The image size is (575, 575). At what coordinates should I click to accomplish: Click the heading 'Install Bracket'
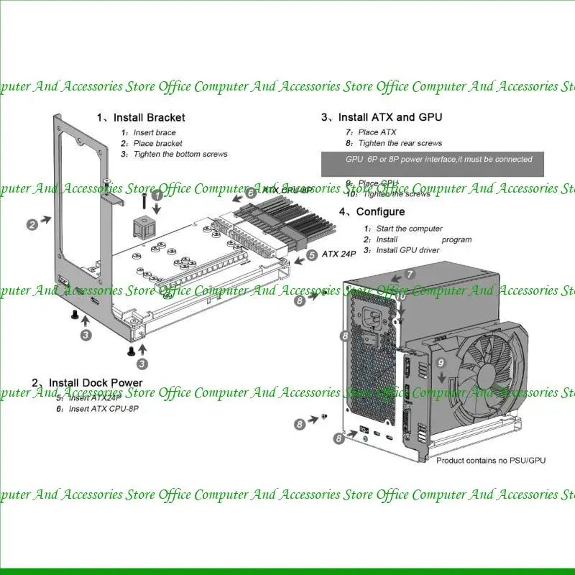[x=141, y=117]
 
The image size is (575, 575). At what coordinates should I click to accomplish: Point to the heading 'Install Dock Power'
[x=87, y=382]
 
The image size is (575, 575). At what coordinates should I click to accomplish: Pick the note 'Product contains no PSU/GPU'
[x=491, y=460]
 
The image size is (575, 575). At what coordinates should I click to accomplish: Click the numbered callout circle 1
[x=157, y=193]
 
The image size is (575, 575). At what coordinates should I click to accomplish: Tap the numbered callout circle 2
[x=32, y=224]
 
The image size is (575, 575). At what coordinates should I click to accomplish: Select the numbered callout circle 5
[x=311, y=254]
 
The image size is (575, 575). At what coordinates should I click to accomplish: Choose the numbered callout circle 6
[x=251, y=193]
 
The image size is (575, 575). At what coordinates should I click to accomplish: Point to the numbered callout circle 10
[x=401, y=296]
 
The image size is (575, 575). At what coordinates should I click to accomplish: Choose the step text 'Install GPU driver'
[x=408, y=250]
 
